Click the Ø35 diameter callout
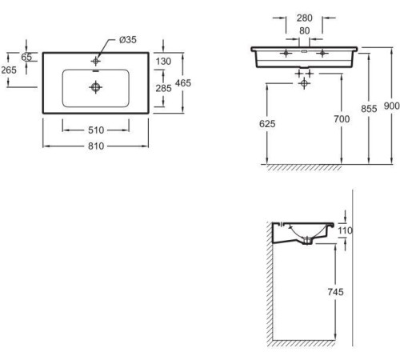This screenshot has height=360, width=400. click(x=128, y=40)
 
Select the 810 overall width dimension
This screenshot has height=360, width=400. click(x=96, y=146)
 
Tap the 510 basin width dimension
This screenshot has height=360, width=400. click(x=96, y=130)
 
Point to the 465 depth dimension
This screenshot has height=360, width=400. click(x=183, y=83)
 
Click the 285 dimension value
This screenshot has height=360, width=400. click(x=163, y=88)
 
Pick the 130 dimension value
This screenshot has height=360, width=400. click(x=163, y=62)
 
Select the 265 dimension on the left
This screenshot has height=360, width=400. click(x=9, y=70)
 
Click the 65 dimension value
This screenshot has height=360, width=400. click(x=26, y=57)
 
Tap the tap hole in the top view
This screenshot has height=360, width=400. click(x=96, y=61)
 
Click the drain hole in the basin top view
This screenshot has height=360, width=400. click(x=95, y=87)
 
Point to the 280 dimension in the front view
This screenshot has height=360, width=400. click(x=305, y=18)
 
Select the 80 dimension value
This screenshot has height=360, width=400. click(x=304, y=31)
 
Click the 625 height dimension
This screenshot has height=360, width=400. click(x=267, y=124)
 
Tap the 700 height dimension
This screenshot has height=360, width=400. click(x=342, y=119)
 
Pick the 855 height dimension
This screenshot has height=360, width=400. click(x=369, y=109)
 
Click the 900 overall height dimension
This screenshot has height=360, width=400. click(x=392, y=106)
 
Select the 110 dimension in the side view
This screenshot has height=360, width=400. click(x=345, y=230)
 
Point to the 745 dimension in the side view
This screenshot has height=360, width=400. click(x=335, y=292)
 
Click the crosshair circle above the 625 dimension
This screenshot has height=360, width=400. click(x=304, y=83)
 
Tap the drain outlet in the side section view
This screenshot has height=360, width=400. click(x=307, y=241)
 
